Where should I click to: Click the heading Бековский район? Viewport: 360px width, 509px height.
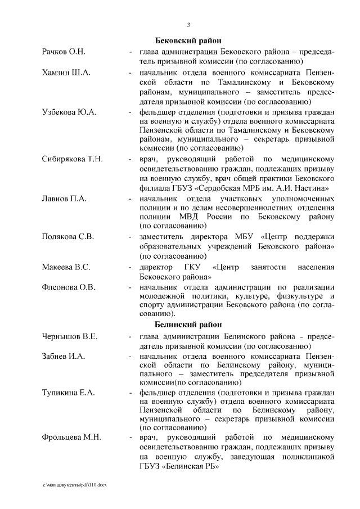click(188, 41)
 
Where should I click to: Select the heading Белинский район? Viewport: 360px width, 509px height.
click(188, 325)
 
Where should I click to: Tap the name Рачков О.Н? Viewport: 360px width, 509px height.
click(64, 52)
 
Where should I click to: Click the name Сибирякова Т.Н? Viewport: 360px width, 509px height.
click(72, 159)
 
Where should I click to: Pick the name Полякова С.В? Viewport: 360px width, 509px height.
click(67, 236)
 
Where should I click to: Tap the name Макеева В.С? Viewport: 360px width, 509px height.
click(66, 267)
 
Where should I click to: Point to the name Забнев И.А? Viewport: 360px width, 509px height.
click(64, 357)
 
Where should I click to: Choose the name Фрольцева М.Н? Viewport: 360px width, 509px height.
click(71, 438)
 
